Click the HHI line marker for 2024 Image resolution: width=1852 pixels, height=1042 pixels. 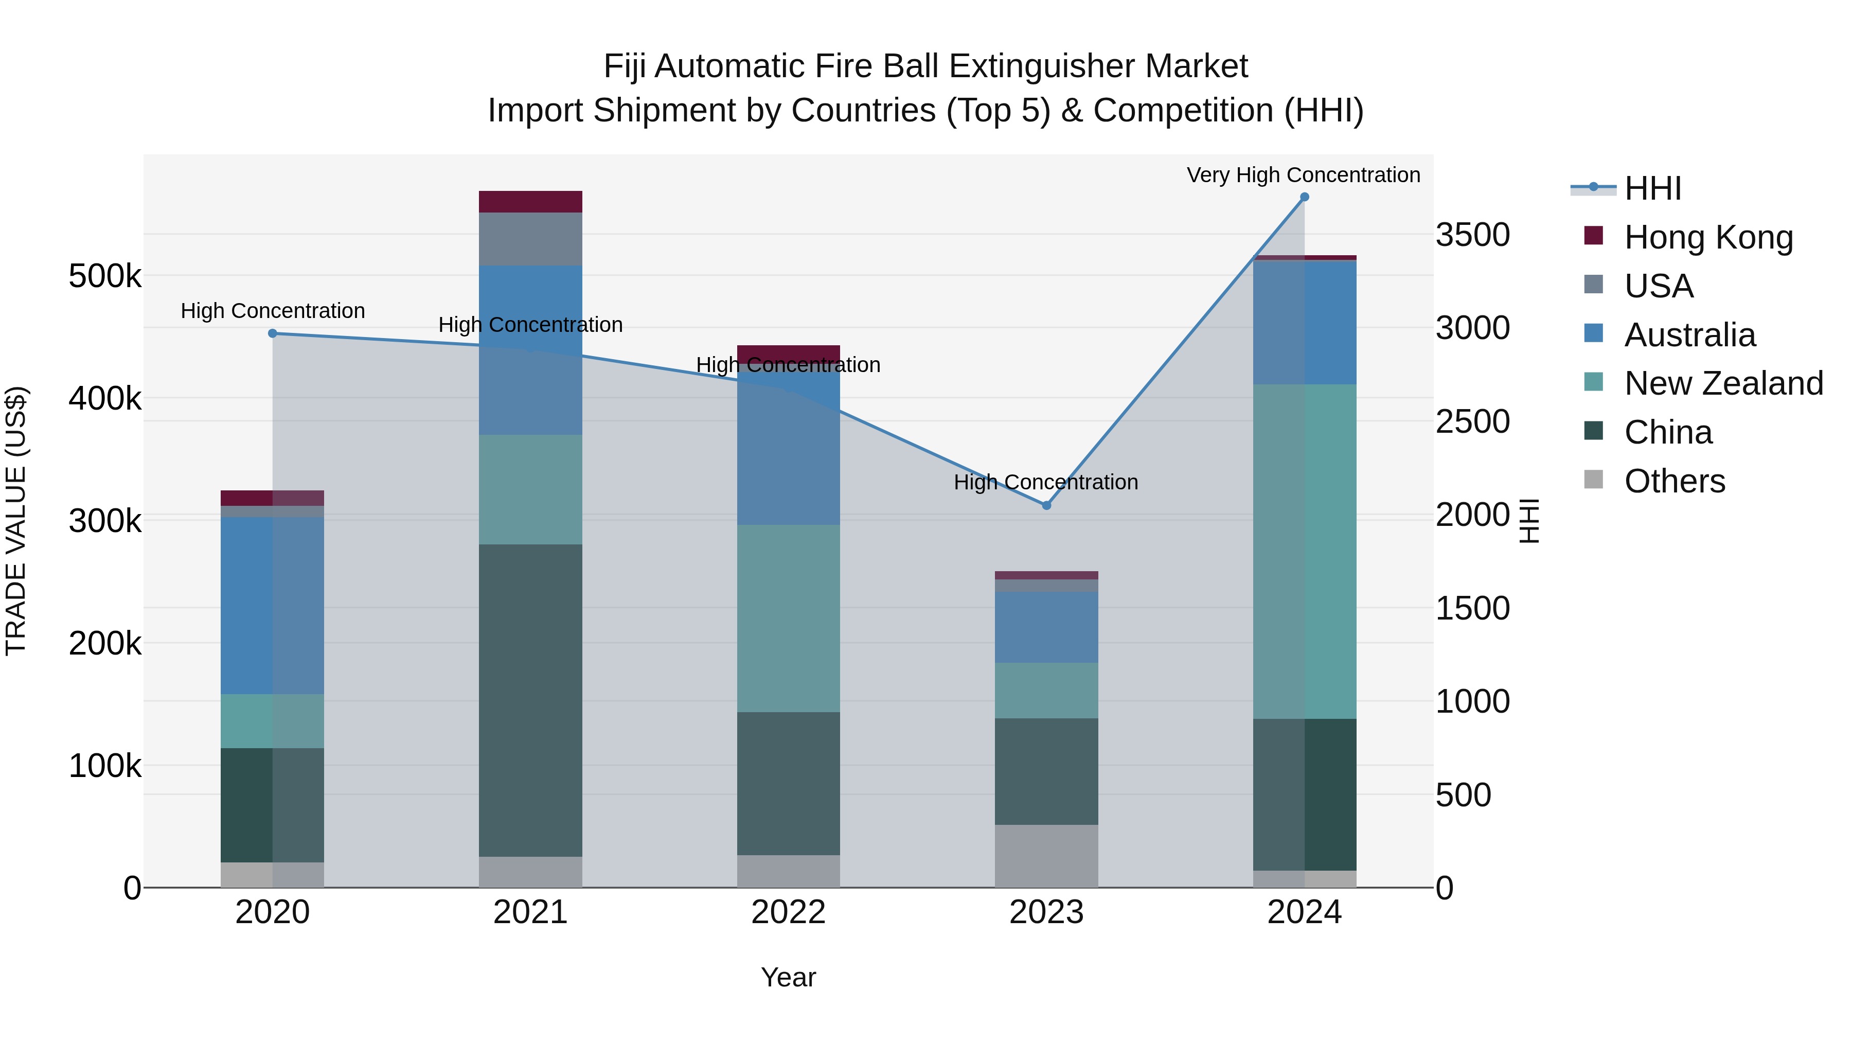click(1304, 197)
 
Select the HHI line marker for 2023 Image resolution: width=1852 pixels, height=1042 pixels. click(1046, 505)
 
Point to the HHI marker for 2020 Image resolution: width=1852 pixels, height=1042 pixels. click(273, 333)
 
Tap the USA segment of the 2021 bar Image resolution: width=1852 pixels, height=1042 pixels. click(530, 239)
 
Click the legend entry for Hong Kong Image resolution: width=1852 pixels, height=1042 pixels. click(1707, 237)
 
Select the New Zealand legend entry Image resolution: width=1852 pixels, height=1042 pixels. click(1722, 383)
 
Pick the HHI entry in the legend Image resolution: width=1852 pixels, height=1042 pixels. click(1652, 188)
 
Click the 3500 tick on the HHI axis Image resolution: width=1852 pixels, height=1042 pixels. click(1472, 235)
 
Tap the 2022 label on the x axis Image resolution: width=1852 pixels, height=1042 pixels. click(788, 912)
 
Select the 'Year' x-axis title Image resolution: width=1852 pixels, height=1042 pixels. click(788, 977)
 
